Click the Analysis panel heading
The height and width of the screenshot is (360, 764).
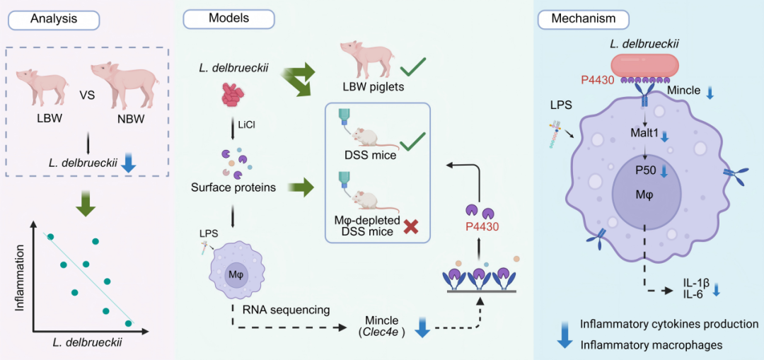[53, 19]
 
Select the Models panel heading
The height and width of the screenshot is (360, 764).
[228, 18]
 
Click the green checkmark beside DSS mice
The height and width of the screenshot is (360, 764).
[410, 146]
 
